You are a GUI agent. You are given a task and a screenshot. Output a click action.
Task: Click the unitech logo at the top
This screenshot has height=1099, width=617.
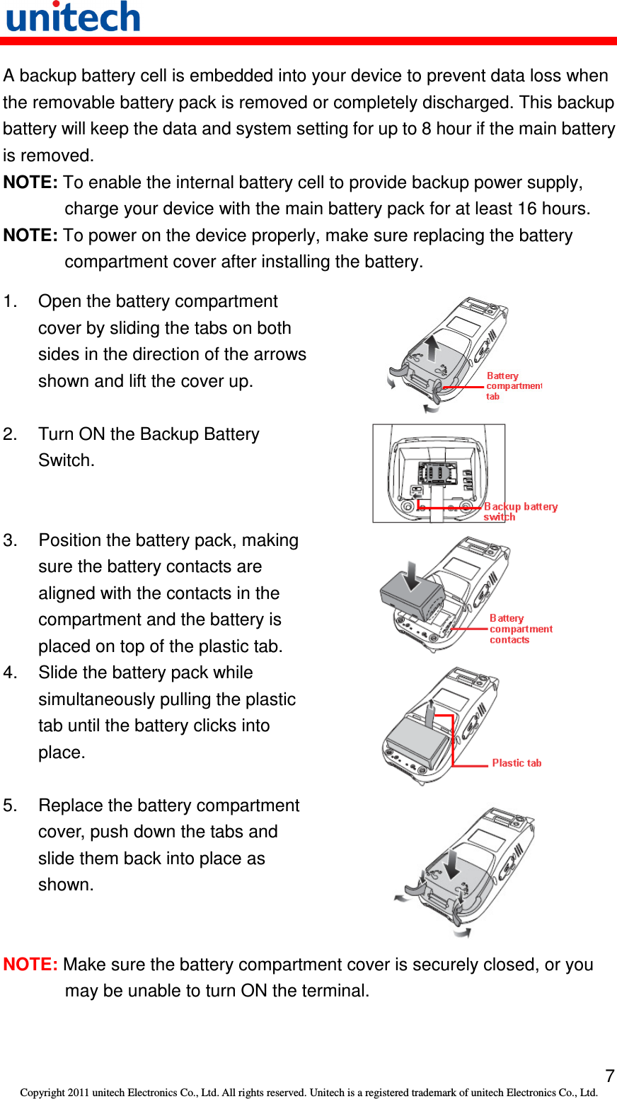pos(73,17)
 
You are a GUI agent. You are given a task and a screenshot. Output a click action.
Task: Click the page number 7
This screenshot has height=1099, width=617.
pos(609,1076)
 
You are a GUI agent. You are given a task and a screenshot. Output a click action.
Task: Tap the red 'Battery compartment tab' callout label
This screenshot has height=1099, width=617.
pos(513,386)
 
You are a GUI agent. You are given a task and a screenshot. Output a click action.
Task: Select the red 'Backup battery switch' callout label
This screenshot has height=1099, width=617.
pos(520,511)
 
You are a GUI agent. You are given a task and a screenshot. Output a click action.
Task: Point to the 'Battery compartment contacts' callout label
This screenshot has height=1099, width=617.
pos(520,629)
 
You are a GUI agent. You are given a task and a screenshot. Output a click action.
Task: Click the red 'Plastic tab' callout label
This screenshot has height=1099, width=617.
pos(517,762)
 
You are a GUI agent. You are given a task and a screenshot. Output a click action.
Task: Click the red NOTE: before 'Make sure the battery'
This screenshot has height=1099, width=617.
pos(30,965)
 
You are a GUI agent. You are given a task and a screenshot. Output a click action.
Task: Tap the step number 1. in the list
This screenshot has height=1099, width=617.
pos(10,301)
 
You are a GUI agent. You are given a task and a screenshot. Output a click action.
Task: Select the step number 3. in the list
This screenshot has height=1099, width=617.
pos(10,540)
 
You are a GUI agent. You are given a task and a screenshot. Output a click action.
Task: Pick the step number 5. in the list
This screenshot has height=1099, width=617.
pos(10,806)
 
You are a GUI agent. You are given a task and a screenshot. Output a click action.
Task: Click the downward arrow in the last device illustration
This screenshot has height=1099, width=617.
pos(451,862)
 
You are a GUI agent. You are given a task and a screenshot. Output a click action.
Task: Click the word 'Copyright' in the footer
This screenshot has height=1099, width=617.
pos(42,1093)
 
